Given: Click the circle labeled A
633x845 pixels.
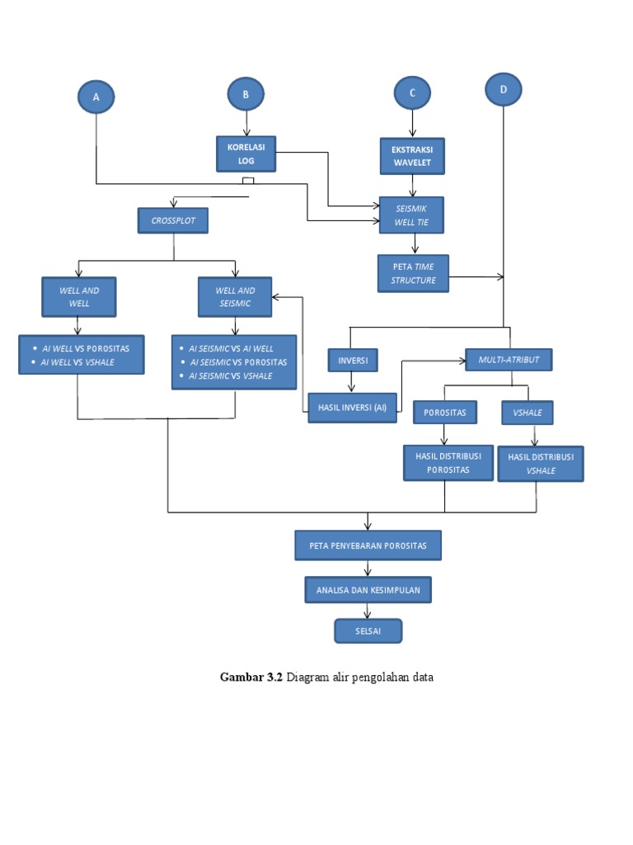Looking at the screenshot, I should point(96,97).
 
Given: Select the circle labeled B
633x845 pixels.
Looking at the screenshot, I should point(246,96).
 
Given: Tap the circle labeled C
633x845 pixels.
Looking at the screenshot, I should point(412,93).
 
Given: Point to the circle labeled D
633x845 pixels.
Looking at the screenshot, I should point(503,89).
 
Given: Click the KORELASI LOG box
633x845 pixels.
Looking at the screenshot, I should point(246,153).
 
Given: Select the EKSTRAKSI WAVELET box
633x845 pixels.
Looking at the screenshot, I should point(412,156).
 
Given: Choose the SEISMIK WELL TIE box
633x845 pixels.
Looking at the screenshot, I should point(411,215).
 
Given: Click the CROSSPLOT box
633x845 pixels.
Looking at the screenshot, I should point(173,221).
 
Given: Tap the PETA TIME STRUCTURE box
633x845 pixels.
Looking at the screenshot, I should point(413,273).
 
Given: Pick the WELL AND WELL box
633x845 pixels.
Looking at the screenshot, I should point(78,297).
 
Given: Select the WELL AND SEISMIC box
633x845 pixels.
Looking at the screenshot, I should point(235,297).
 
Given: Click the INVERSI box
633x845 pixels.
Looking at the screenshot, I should point(353,361).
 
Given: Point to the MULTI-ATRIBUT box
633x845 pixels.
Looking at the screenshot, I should point(509,360).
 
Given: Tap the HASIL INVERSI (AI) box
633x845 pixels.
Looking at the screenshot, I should point(353,408).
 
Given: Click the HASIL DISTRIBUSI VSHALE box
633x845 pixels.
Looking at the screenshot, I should point(541,464).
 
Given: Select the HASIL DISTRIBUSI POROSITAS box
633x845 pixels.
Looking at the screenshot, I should point(448,463).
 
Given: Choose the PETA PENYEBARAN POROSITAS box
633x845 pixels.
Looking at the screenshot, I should point(368,545).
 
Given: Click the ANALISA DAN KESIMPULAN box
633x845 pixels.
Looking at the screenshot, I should point(368,590).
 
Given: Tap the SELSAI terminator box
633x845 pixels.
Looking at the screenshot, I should point(368,631).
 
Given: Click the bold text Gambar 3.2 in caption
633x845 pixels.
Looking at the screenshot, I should point(251,677).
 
